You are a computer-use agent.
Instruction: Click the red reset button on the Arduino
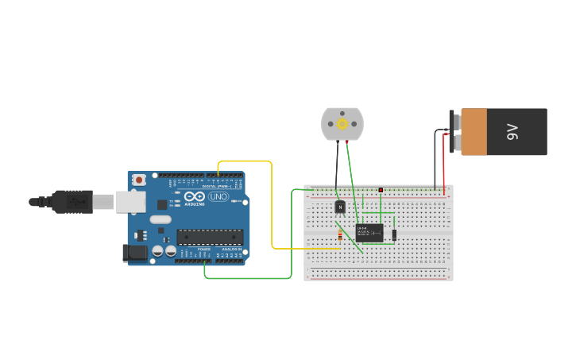tap(139, 180)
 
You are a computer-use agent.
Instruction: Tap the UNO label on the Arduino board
tap(218, 196)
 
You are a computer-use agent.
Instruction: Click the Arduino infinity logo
tap(195, 196)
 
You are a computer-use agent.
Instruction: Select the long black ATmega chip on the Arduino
tap(210, 236)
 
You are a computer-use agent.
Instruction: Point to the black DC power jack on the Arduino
tap(136, 253)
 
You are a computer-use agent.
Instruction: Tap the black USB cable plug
tap(72, 202)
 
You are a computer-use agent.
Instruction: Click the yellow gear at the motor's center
tap(342, 123)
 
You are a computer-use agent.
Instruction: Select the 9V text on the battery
tap(512, 132)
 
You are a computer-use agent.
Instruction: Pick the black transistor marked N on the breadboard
tap(340, 207)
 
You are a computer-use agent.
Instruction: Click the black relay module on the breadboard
tap(369, 232)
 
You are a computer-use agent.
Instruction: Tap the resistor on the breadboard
tap(340, 235)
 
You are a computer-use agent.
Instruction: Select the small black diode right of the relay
tap(394, 234)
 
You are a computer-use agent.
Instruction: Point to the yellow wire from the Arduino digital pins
tap(273, 207)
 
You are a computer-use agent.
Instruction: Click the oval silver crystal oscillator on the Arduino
tap(160, 219)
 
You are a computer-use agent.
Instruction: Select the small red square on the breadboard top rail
tap(381, 190)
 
